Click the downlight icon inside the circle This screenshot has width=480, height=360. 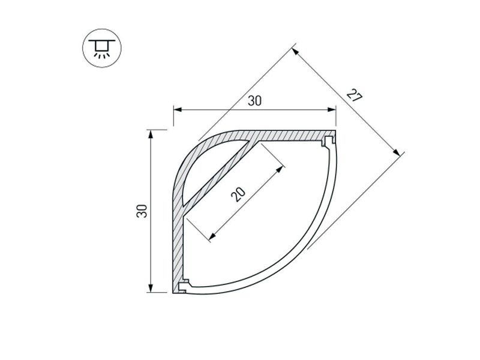click(101, 49)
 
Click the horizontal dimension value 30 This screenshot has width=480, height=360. click(254, 101)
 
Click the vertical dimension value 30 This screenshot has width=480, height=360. click(142, 211)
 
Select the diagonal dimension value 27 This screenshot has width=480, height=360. click(355, 96)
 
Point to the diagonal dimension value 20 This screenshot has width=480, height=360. click(238, 194)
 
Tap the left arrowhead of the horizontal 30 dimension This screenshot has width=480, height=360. click(178, 110)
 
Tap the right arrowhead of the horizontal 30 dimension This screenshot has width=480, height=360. click(332, 110)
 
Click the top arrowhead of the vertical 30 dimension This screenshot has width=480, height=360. click(151, 134)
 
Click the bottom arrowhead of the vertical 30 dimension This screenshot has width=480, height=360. click(151, 288)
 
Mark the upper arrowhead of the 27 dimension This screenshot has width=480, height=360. click(295, 52)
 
